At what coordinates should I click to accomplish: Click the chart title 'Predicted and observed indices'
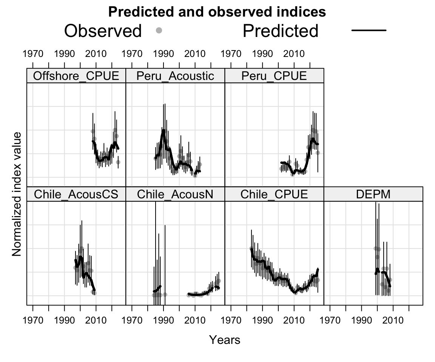coord(217,12)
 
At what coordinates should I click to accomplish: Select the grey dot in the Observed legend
coord(159,31)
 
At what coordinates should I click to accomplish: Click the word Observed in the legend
coord(103,31)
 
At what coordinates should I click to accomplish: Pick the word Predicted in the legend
coord(280,31)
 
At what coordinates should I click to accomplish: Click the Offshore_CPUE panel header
coord(76,76)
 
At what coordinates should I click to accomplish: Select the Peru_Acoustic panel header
coord(175,76)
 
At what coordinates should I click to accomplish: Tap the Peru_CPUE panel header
coord(274,76)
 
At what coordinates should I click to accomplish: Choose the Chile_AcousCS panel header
coord(76,194)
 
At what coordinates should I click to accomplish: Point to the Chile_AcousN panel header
coord(175,194)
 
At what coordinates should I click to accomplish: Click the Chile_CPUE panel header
coord(274,194)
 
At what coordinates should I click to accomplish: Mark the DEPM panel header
coord(373,194)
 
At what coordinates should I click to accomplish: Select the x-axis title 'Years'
coord(225,340)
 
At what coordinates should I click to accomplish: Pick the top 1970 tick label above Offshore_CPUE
coord(33,54)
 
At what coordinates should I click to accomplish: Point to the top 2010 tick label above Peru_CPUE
coord(294,54)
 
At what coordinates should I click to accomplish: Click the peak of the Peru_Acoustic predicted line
coord(163,130)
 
